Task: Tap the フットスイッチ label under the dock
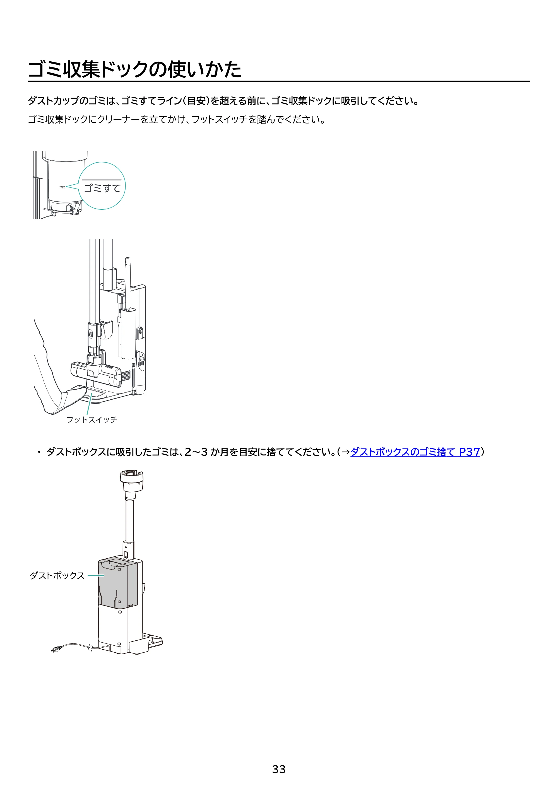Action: pyautogui.click(x=92, y=419)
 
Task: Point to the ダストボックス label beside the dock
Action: pyautogui.click(x=57, y=575)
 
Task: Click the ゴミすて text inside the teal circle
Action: pyautogui.click(x=102, y=188)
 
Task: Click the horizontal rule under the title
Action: pyautogui.click(x=279, y=81)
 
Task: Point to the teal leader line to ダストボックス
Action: pyautogui.click(x=96, y=576)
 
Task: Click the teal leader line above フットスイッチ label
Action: pyautogui.click(x=89, y=404)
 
